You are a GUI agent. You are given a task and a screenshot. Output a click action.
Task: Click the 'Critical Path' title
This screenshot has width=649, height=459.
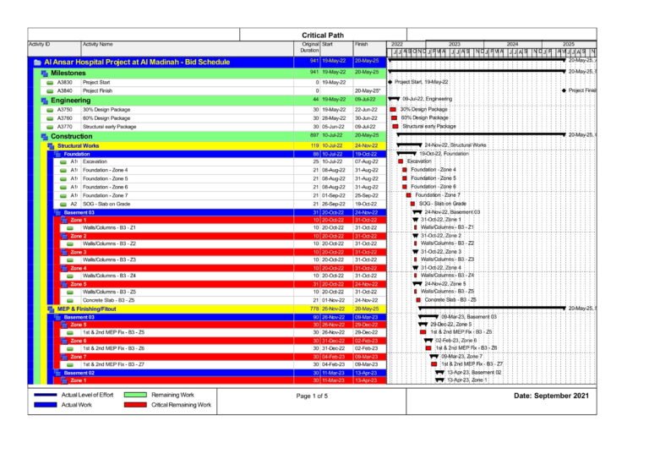(x=322, y=35)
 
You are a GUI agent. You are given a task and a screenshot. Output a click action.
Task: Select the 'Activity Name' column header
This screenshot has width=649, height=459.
(x=98, y=44)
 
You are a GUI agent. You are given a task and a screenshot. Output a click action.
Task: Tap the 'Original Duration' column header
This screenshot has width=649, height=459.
(x=310, y=47)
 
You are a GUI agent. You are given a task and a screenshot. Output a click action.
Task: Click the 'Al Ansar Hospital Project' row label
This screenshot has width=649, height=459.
(x=123, y=62)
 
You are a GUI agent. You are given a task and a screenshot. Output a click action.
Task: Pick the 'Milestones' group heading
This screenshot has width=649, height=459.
(x=68, y=73)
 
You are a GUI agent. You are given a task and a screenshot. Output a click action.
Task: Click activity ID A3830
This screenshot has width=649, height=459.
(x=65, y=82)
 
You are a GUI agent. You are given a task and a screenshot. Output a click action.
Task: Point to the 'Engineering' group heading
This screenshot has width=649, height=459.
(x=70, y=100)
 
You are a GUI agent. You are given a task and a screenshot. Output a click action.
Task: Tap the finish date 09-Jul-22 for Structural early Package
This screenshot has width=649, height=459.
(x=366, y=127)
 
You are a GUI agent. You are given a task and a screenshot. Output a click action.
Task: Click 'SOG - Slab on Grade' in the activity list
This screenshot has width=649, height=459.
(x=110, y=204)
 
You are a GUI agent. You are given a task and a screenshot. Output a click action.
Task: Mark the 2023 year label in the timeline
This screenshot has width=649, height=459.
(x=454, y=44)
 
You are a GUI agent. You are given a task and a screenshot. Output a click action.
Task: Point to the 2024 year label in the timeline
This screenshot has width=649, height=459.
(x=511, y=44)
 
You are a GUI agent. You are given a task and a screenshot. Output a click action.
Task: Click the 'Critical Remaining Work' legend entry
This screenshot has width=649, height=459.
(x=181, y=406)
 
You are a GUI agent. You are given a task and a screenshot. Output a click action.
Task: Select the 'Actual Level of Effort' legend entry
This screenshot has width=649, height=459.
(x=89, y=395)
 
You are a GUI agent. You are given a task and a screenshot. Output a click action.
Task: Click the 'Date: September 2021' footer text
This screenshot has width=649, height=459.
(x=552, y=396)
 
